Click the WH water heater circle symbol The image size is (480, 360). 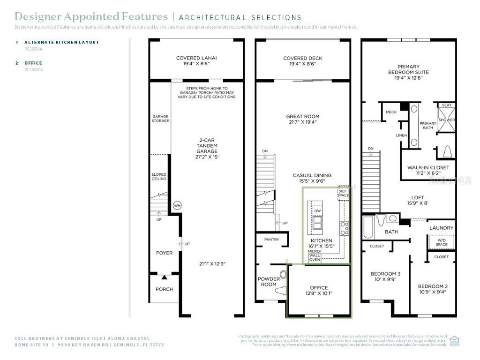point(177,205)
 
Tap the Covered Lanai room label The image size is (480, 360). point(196,59)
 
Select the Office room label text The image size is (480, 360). point(319,288)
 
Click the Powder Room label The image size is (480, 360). point(269,282)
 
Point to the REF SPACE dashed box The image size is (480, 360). point(344,193)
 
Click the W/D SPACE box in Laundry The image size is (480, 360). point(442,242)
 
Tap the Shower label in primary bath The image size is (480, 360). point(447,120)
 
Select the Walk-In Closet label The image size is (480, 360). point(428,167)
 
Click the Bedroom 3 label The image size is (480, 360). point(385,274)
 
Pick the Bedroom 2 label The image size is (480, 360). point(433,286)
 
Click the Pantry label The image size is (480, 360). point(271,240)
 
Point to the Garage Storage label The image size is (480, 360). point(160,118)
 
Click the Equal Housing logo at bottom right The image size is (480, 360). point(454,341)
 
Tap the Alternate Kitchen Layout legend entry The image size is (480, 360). point(61,42)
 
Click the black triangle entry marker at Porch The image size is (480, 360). point(164,278)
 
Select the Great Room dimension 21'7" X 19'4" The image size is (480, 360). point(302,122)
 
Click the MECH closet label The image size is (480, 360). point(391,112)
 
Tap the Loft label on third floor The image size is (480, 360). point(418,198)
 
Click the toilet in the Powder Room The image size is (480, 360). point(283,275)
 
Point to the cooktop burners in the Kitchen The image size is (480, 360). point(345,228)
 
